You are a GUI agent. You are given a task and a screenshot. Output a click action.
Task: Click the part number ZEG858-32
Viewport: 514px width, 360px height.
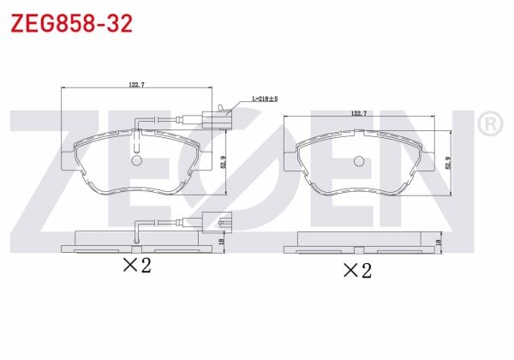71,23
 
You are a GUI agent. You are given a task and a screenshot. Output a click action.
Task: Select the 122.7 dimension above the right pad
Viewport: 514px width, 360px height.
360,114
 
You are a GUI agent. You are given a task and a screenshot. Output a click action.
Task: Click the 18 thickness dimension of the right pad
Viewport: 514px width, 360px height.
439,243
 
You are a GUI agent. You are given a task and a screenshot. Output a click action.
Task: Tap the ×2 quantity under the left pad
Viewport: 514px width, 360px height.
136,266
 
